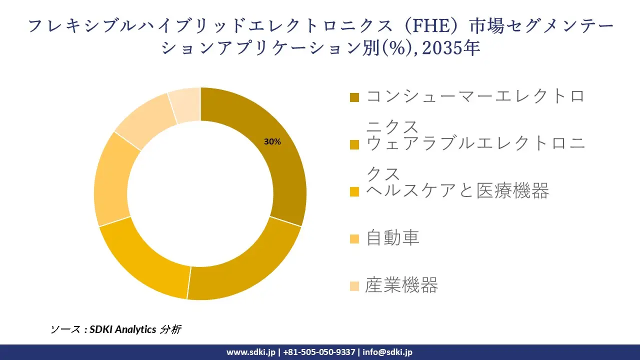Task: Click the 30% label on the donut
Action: [272, 142]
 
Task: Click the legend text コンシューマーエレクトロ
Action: [475, 96]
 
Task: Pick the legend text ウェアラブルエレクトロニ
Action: [475, 144]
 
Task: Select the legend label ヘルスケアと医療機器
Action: [457, 190]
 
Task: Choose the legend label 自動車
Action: [392, 238]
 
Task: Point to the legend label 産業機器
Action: [401, 285]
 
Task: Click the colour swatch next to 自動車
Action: [354, 239]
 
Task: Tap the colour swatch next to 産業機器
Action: [354, 286]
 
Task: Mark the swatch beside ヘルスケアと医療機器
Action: [354, 191]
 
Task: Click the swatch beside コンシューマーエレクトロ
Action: [354, 97]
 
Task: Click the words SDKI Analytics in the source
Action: [123, 329]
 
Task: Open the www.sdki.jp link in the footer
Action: [251, 352]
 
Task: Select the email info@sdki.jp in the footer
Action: [387, 352]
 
